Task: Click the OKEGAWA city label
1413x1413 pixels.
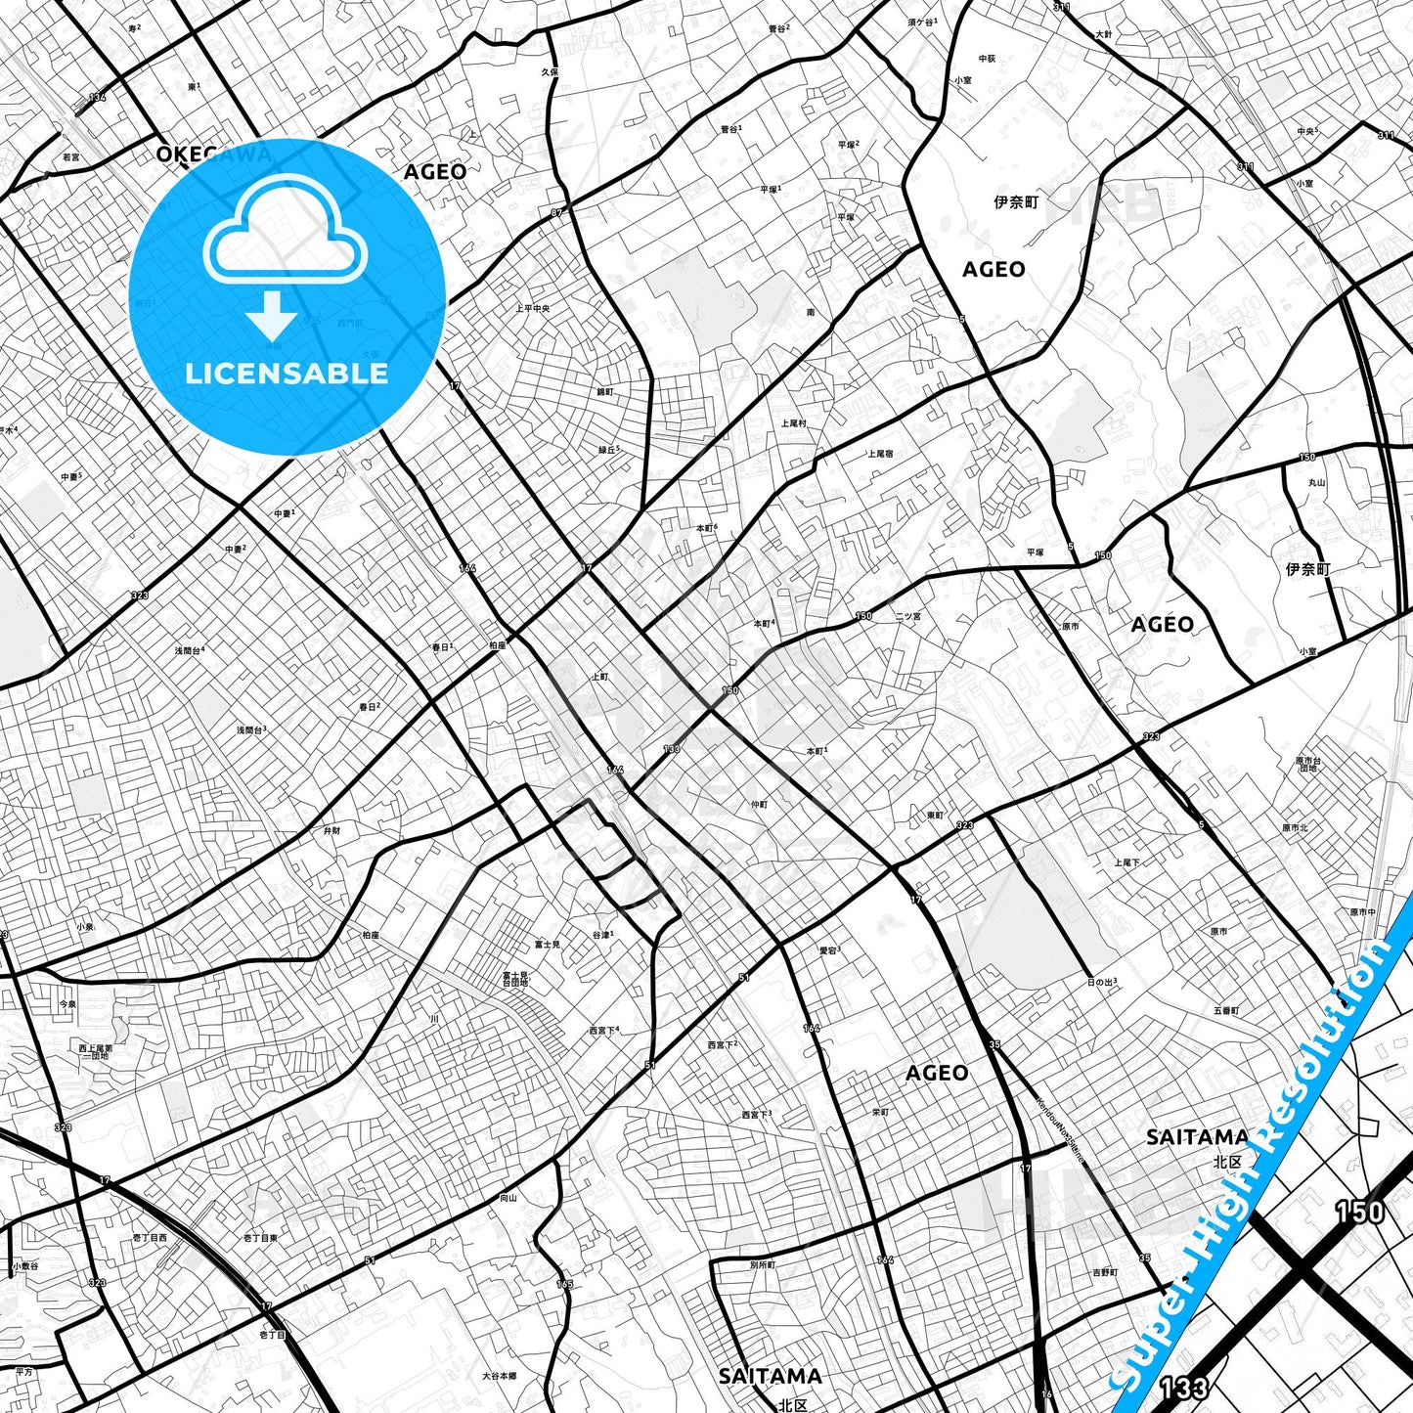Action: (x=214, y=154)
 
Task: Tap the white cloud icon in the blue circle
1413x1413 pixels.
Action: (x=285, y=232)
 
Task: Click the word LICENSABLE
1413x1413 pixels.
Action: (x=287, y=374)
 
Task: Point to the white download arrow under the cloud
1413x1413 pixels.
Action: (x=272, y=315)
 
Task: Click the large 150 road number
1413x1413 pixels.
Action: (x=1359, y=1213)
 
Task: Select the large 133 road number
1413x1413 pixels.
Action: (x=1183, y=1387)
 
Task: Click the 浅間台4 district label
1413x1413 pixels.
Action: (x=190, y=650)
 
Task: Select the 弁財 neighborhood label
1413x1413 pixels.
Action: (x=332, y=830)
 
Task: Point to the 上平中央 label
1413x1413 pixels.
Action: (x=533, y=308)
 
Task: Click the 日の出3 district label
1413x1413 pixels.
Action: (x=1102, y=982)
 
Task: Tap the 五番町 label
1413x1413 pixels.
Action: (x=1226, y=1010)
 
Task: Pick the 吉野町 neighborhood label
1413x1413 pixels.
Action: (x=1105, y=1272)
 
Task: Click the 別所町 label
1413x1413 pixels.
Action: (x=763, y=1264)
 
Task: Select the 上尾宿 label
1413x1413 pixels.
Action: (x=880, y=454)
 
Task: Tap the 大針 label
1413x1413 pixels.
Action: (x=1104, y=34)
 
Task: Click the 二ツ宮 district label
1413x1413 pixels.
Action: (x=907, y=617)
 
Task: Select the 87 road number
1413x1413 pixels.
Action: (x=557, y=212)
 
